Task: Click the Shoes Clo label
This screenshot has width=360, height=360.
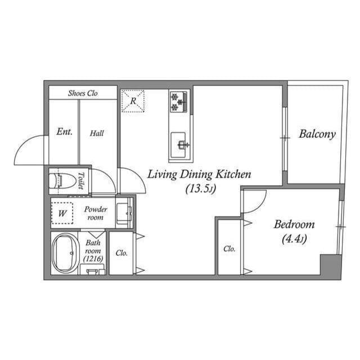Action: point(83,93)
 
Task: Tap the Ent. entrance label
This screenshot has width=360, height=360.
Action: point(64,132)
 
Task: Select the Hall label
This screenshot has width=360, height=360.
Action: point(97,133)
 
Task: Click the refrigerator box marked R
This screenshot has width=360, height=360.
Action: point(133,101)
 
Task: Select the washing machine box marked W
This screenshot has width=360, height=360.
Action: point(63,213)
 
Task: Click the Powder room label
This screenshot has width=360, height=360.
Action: point(95,213)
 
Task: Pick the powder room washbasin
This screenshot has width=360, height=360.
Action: point(124,213)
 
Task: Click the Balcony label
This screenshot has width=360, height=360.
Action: point(317,134)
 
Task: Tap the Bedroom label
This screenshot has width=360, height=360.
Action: point(294,224)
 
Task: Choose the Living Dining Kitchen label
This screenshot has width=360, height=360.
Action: point(199,174)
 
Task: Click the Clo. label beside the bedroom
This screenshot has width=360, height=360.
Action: point(229,249)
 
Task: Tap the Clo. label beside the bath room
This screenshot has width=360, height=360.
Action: point(121,253)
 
